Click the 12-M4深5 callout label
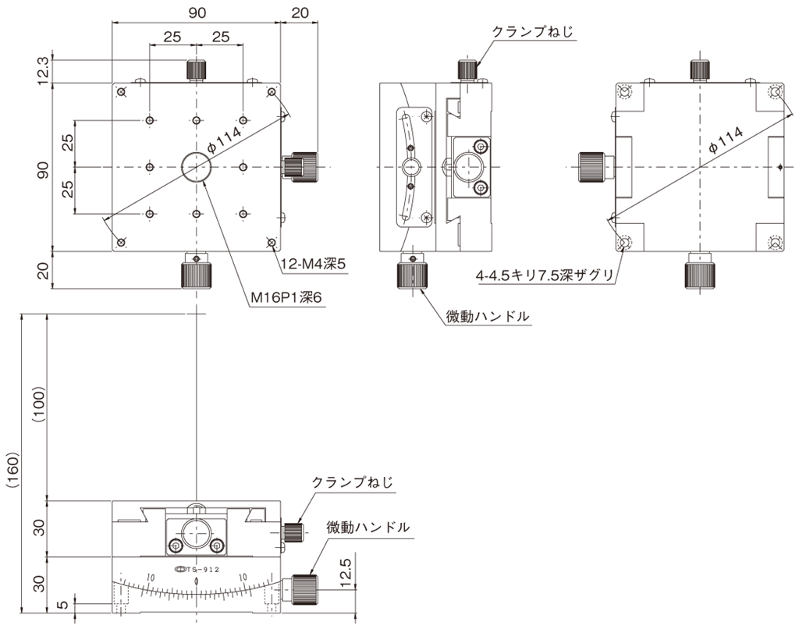pos(314,264)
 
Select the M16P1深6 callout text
pos(287,297)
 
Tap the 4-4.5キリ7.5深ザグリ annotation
pos(544,275)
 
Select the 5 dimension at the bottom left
pos(62,605)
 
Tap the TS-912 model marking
pos(197,569)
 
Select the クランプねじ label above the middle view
pos(532,32)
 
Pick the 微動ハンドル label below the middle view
pos(488,316)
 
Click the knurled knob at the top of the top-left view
pos(196,70)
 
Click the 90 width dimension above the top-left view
pos(197,12)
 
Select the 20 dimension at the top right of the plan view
pos(300,12)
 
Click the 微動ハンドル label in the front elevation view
pos(368,527)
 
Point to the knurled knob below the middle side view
pos(412,274)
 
